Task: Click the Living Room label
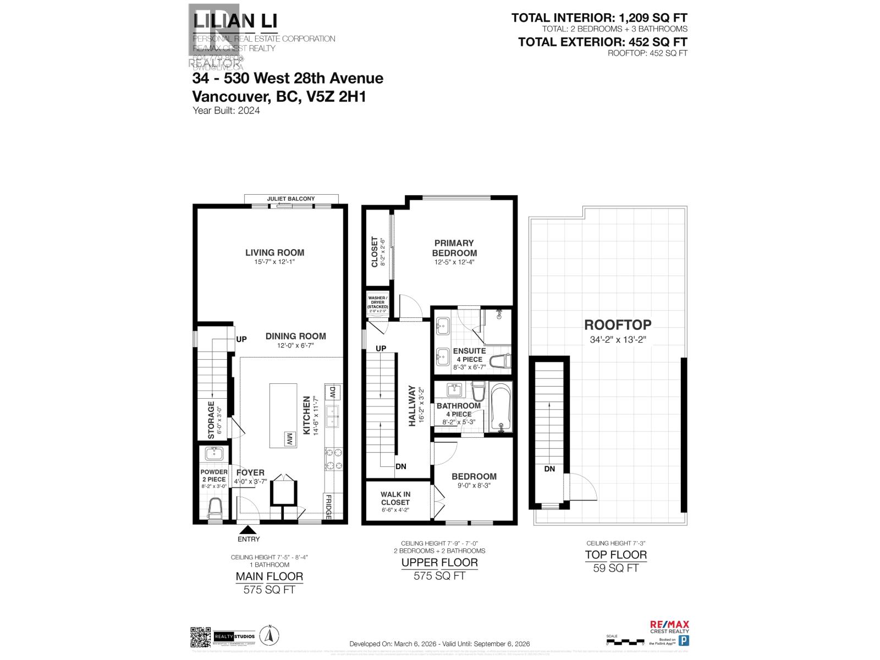coord(274,253)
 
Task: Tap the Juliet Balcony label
coord(291,199)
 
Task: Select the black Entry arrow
coord(249,530)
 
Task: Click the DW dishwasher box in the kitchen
coord(332,393)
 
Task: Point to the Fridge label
coord(328,507)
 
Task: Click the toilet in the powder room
coord(215,507)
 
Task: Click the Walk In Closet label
coord(395,498)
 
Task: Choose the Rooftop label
coord(618,325)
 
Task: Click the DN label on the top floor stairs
coord(549,469)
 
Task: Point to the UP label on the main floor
coord(241,339)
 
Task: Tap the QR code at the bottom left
coord(201,637)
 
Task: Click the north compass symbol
coord(269,636)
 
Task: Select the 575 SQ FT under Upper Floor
coord(439,576)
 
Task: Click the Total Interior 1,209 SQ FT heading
coord(599,18)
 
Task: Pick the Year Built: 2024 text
coord(226,111)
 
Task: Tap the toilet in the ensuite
coord(502,361)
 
